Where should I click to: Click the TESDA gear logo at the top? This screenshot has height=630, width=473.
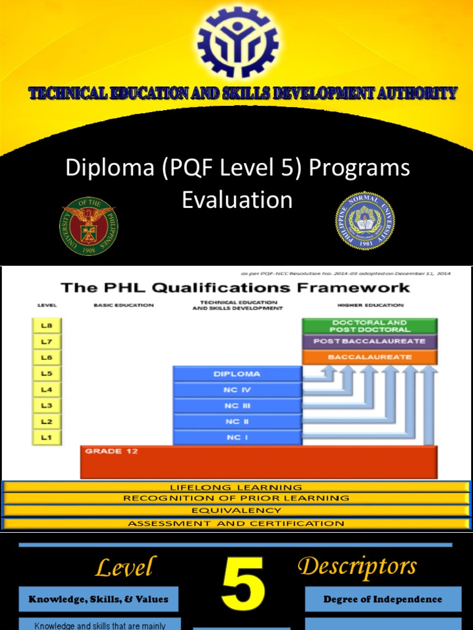click(237, 42)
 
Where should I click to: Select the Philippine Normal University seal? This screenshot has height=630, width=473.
click(365, 221)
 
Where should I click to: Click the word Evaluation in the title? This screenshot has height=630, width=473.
click(237, 200)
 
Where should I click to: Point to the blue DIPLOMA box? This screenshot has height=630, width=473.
click(237, 374)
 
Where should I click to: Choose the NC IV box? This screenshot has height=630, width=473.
click(237, 390)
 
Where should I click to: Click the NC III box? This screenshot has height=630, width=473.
click(237, 406)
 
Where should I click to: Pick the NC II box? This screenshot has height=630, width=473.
click(237, 422)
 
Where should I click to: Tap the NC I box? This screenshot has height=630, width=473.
click(237, 437)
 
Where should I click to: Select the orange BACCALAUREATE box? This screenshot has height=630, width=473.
click(370, 357)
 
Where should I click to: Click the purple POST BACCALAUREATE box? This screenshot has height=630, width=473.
click(370, 341)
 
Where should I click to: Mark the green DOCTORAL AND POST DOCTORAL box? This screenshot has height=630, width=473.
click(370, 325)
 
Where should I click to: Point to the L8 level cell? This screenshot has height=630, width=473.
click(47, 325)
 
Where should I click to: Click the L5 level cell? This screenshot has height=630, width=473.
click(47, 373)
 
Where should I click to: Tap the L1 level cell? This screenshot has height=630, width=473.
click(47, 437)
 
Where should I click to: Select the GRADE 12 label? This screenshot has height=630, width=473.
click(103, 452)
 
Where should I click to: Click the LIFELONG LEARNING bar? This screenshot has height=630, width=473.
click(236, 487)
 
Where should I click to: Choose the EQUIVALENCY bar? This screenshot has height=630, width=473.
click(236, 511)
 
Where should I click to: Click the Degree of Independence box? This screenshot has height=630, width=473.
click(382, 599)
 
